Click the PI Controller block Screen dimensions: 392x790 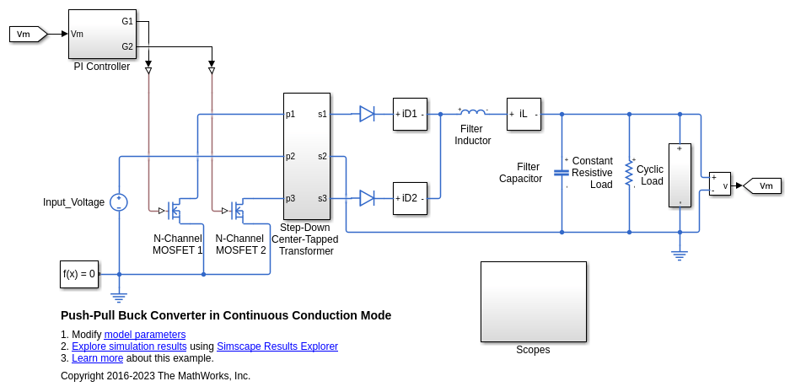[x=102, y=34]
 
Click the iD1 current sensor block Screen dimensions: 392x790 [x=410, y=114]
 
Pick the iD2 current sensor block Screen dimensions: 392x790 [x=410, y=198]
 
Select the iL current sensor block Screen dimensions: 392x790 [x=524, y=114]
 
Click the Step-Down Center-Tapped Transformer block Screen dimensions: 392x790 [x=306, y=156]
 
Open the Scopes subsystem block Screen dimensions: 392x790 [x=533, y=301]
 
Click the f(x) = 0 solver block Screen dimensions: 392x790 [x=78, y=274]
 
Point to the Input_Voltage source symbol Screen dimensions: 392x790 [x=119, y=202]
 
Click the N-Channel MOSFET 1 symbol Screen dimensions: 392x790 [x=175, y=210]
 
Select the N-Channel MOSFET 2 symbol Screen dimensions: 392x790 [x=238, y=210]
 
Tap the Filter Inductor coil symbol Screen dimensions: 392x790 [x=473, y=112]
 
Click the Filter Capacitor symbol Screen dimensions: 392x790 [x=562, y=172]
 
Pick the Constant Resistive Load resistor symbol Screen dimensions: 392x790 [x=629, y=173]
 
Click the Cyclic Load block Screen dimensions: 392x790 [x=680, y=175]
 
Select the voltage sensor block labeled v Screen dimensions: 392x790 [x=720, y=184]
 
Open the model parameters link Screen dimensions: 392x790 [x=145, y=335]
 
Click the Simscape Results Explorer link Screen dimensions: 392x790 [x=277, y=346]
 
